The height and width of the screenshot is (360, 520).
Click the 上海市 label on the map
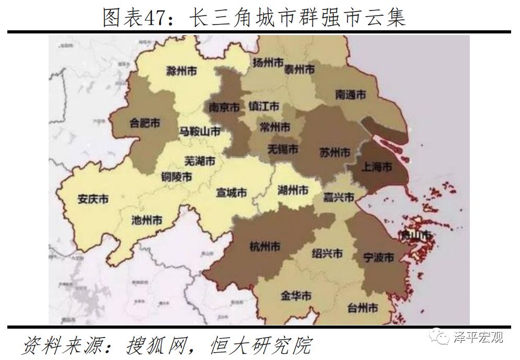376,167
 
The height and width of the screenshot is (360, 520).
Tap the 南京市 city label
224,107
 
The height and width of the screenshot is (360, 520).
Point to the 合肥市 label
145,123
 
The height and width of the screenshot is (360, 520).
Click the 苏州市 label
334,153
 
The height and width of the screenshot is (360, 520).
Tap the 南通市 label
350,95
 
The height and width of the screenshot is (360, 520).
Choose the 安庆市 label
93,199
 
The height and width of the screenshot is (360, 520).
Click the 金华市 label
296,296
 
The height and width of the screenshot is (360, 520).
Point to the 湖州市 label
293,190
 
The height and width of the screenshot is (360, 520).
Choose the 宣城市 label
231,192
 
